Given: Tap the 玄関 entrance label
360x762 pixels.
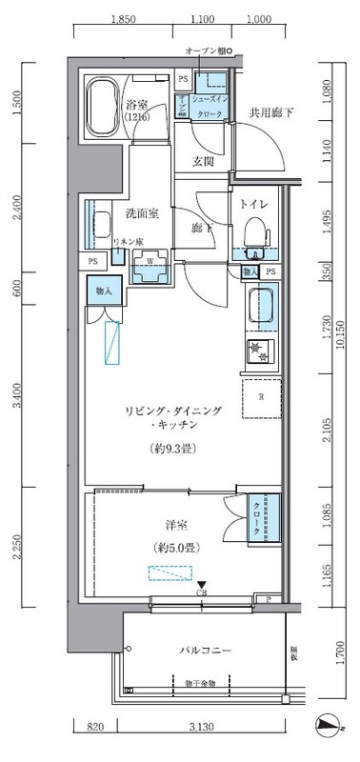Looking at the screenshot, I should (x=204, y=161).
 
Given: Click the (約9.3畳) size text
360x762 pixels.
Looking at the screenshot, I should (x=171, y=448).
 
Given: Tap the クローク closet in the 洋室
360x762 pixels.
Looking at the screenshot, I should (x=261, y=519).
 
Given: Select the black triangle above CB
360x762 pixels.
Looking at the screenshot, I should (x=201, y=585).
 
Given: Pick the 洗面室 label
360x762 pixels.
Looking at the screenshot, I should (x=142, y=213).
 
